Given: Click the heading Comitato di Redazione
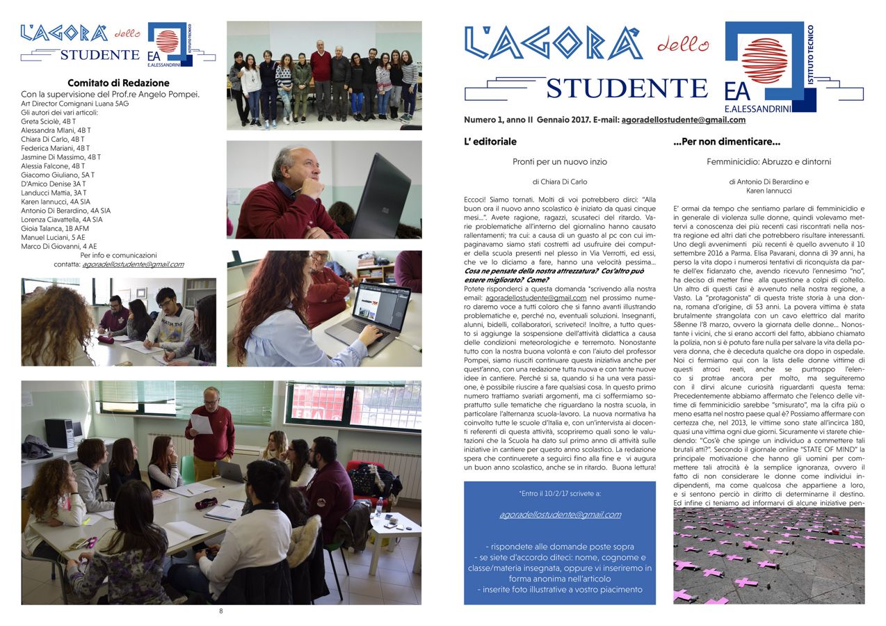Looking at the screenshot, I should (118, 83).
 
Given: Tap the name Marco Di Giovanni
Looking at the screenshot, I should (49, 246).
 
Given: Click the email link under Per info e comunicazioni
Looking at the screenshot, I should (133, 264).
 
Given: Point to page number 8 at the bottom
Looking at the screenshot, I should (221, 611).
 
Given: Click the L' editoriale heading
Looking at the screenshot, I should (490, 142).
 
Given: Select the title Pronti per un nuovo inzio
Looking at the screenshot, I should (560, 162).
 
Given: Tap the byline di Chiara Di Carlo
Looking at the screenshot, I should (560, 182).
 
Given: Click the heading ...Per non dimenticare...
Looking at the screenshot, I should (727, 142).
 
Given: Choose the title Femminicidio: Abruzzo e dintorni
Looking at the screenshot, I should (768, 162).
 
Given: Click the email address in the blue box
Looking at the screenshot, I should (560, 515).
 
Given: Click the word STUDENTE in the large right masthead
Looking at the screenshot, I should (627, 89).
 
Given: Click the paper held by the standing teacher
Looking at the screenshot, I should (201, 424).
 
